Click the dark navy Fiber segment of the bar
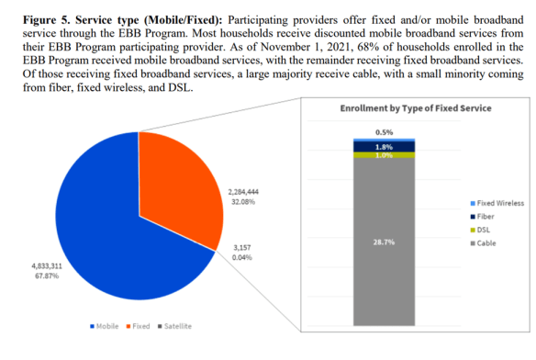(384, 145)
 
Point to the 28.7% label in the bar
(384, 240)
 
